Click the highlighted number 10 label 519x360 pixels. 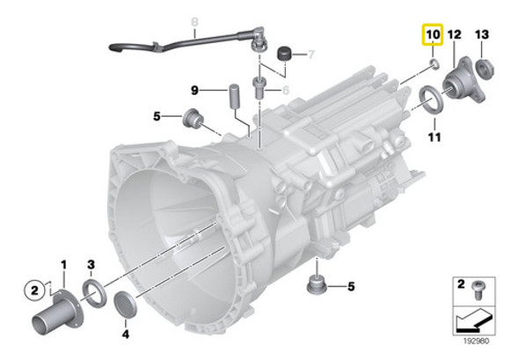[x=432, y=35]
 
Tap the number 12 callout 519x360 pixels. [x=454, y=34]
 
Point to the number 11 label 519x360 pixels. [x=434, y=138]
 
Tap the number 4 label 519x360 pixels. [x=126, y=334]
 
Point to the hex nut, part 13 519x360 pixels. [x=482, y=65]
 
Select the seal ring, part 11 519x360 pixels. [x=430, y=96]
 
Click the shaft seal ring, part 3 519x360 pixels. [x=93, y=291]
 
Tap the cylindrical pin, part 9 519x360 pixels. [x=235, y=93]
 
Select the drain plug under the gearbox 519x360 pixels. [x=314, y=285]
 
